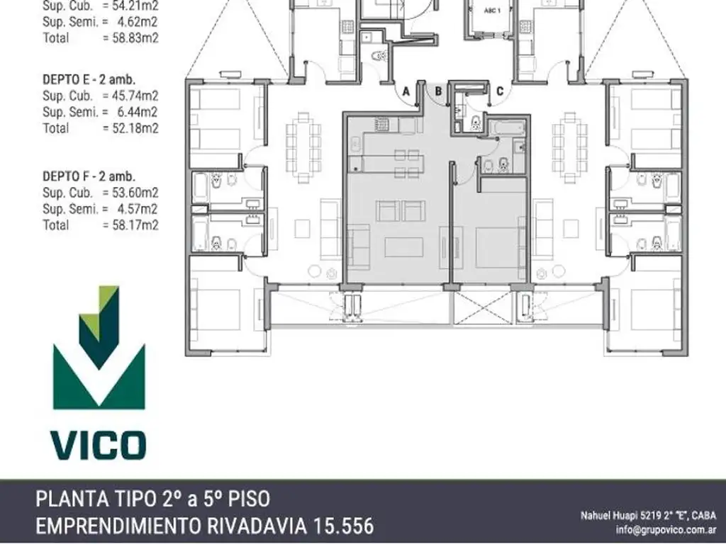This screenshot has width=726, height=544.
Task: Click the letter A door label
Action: (406, 91)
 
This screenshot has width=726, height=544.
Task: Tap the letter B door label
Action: (439, 91)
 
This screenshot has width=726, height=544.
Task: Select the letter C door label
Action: (500, 91)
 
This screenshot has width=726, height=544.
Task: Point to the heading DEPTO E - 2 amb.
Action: (89, 79)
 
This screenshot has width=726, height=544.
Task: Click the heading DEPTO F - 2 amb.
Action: (89, 176)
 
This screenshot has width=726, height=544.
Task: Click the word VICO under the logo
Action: (99, 445)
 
